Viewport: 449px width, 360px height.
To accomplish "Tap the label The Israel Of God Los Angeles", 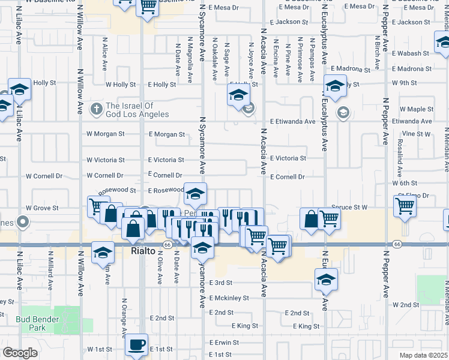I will pyautogui.click(x=137, y=110).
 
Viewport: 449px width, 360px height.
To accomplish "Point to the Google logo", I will pyautogui.click(x=20, y=353).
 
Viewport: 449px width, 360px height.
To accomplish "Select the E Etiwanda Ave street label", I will pyautogui.click(x=292, y=121).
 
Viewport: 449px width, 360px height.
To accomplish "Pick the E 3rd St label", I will pyautogui.click(x=221, y=283).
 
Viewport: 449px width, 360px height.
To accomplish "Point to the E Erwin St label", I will pyautogui.click(x=224, y=343).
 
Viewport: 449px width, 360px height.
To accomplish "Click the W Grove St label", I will pyautogui.click(x=41, y=208).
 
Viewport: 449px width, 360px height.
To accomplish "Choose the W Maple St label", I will pyautogui.click(x=417, y=109).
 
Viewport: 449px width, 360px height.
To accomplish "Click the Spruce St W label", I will pyautogui.click(x=348, y=207).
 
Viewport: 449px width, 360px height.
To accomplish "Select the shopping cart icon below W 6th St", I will pyautogui.click(x=405, y=207).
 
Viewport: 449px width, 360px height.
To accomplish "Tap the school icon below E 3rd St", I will pyautogui.click(x=326, y=279).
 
